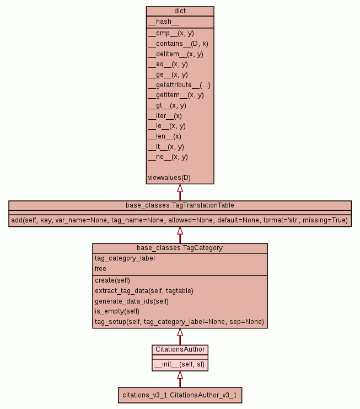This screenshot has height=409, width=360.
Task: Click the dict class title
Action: pyautogui.click(x=180, y=11)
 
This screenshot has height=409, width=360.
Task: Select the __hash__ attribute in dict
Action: pyautogui.click(x=163, y=22)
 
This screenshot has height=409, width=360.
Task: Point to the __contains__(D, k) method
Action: pyautogui.click(x=178, y=44)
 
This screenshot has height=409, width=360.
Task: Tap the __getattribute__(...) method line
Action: pyautogui.click(x=179, y=85)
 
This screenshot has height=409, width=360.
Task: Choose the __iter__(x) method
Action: pyautogui.click(x=165, y=116)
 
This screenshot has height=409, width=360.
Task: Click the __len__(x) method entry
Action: pyautogui.click(x=164, y=136)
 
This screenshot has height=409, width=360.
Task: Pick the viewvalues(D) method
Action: pyautogui.click(x=169, y=178)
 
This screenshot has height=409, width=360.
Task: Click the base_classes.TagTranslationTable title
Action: pyautogui.click(x=180, y=205)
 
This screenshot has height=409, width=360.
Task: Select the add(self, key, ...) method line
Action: pyautogui.click(x=180, y=220)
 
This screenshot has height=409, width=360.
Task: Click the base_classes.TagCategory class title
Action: pyautogui.click(x=180, y=248)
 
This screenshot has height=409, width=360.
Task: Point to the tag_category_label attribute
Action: pyautogui.click(x=125, y=258)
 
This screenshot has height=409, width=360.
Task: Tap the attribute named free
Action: pyautogui.click(x=100, y=269)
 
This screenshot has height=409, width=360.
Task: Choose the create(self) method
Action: pyautogui.click(x=112, y=280)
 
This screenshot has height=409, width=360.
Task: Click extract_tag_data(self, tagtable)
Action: pyautogui.click(x=144, y=290)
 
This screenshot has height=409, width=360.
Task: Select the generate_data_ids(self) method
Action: pyautogui.click(x=131, y=301)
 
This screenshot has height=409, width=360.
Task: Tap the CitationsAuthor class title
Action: pyautogui.click(x=180, y=349)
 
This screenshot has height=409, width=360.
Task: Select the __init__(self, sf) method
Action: pyautogui.click(x=180, y=364)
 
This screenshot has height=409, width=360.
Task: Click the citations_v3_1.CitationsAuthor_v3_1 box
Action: pyautogui.click(x=180, y=395)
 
